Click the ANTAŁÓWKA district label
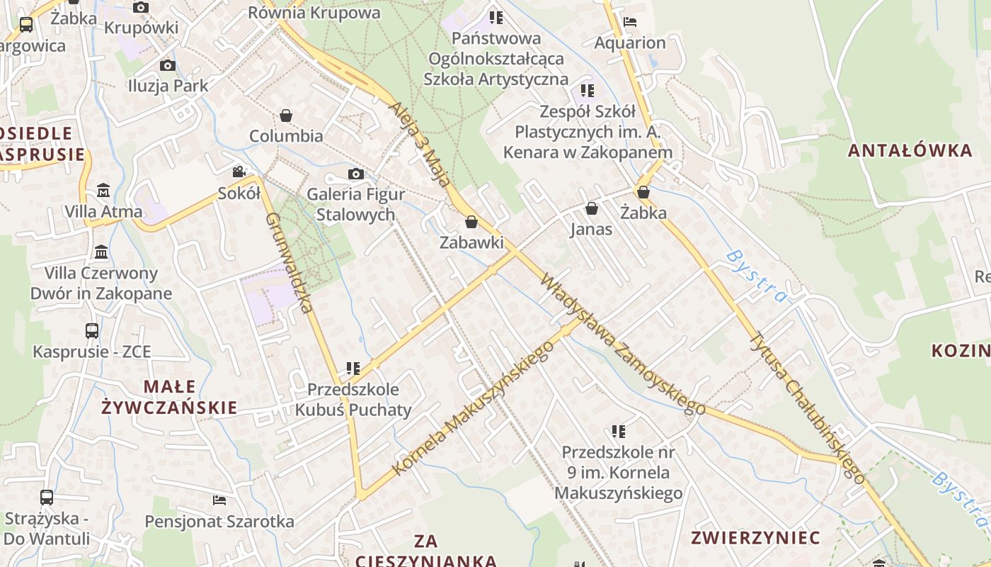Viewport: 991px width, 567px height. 910,150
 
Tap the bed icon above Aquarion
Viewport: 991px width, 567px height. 630,21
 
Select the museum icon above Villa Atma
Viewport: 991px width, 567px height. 103,190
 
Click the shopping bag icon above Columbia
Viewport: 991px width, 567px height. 286,115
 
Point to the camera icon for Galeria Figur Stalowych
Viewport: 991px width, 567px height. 355,174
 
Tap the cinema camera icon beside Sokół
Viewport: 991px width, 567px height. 239,172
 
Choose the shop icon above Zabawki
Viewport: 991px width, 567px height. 471,222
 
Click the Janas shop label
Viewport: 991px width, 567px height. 591,230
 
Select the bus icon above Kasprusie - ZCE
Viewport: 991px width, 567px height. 92,330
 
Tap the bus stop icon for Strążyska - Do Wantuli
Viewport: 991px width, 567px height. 47,498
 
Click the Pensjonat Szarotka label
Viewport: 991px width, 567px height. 219,522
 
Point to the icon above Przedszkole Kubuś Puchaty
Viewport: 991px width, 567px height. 353,369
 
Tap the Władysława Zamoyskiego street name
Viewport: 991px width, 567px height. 623,344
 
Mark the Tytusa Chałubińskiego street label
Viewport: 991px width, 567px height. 806,407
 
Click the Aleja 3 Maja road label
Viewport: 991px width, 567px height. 420,144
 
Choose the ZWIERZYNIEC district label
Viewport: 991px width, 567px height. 755,537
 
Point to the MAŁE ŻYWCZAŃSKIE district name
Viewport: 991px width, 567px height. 169,397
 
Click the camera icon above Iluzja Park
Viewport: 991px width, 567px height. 168,66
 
